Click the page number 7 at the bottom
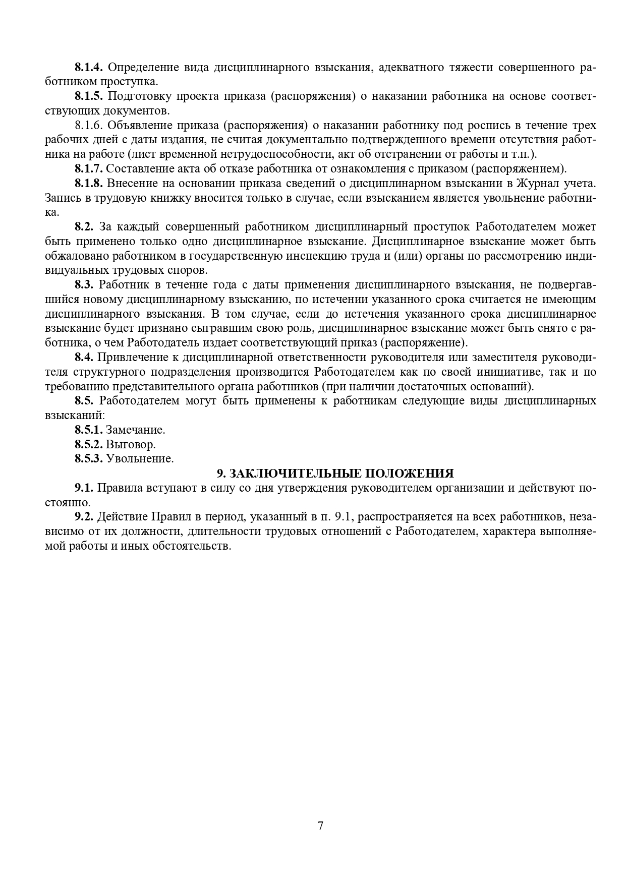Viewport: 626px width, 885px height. pyautogui.click(x=320, y=826)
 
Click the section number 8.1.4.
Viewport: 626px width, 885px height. pyautogui.click(x=89, y=67)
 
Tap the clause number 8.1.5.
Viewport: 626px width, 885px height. pyautogui.click(x=89, y=96)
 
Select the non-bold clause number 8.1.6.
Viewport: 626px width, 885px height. pyautogui.click(x=89, y=125)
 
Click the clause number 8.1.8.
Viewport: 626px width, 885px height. pyautogui.click(x=89, y=183)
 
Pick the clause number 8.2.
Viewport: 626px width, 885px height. pyautogui.click(x=84, y=226)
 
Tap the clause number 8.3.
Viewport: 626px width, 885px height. pyautogui.click(x=84, y=284)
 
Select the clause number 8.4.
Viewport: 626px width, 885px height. pyautogui.click(x=84, y=358)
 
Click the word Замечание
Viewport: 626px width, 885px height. pyautogui.click(x=135, y=430)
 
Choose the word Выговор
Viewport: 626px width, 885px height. pyautogui.click(x=131, y=445)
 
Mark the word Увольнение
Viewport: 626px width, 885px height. pyautogui.click(x=140, y=459)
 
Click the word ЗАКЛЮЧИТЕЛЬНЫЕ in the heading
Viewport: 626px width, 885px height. pyautogui.click(x=295, y=474)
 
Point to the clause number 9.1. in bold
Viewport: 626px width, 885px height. pyautogui.click(x=84, y=488)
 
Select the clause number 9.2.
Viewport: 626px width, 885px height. pyautogui.click(x=84, y=517)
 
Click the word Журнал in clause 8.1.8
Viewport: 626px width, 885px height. pyautogui.click(x=542, y=183)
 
